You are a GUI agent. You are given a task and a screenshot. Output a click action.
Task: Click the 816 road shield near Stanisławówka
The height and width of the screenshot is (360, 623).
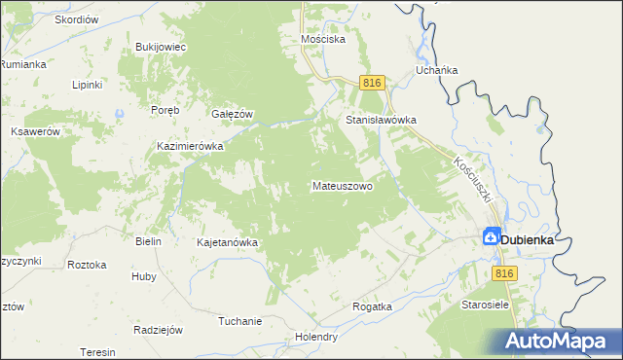[371, 84]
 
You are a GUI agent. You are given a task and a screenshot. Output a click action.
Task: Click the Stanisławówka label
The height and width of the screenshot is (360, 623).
[382, 121]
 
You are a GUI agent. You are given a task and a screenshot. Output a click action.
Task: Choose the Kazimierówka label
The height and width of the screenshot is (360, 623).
[191, 146]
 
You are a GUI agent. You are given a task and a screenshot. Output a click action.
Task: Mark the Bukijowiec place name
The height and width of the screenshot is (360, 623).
[161, 46]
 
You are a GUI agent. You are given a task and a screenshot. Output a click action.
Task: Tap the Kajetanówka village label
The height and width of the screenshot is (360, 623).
[227, 242]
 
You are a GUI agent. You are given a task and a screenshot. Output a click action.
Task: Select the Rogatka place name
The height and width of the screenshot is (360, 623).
[372, 306]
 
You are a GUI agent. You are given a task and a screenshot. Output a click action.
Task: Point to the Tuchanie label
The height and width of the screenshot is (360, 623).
[239, 321]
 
